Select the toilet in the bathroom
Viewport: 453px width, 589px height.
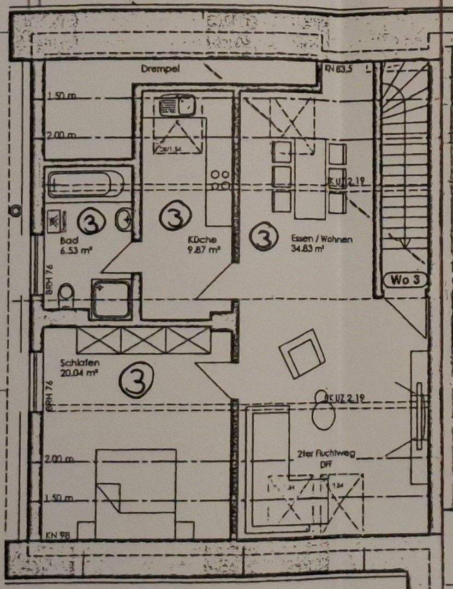pyautogui.click(x=66, y=294)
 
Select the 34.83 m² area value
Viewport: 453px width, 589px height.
pyautogui.click(x=307, y=249)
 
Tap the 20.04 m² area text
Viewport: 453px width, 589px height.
pyautogui.click(x=80, y=373)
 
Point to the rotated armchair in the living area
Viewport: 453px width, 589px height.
pyautogui.click(x=302, y=353)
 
